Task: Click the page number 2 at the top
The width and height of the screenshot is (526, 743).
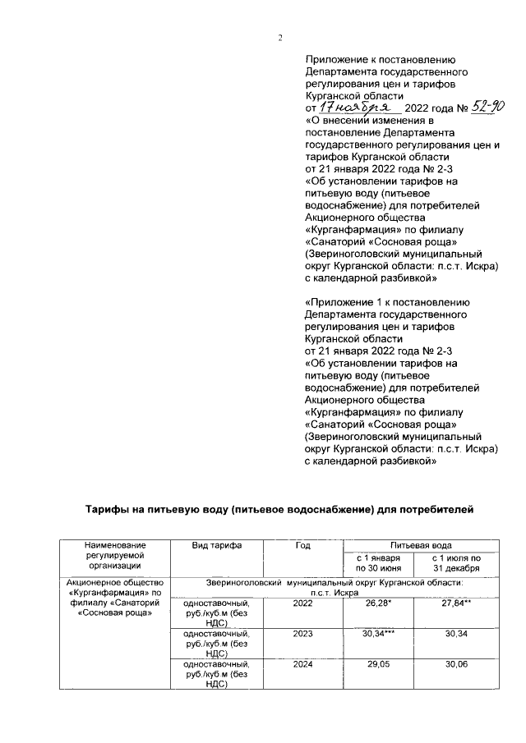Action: click(x=279, y=38)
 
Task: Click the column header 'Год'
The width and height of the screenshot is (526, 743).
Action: click(x=301, y=545)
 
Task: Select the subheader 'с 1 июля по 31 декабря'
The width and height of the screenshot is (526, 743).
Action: click(x=460, y=563)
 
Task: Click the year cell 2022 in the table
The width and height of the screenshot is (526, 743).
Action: click(x=302, y=603)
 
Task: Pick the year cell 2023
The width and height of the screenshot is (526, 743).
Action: click(x=302, y=633)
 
